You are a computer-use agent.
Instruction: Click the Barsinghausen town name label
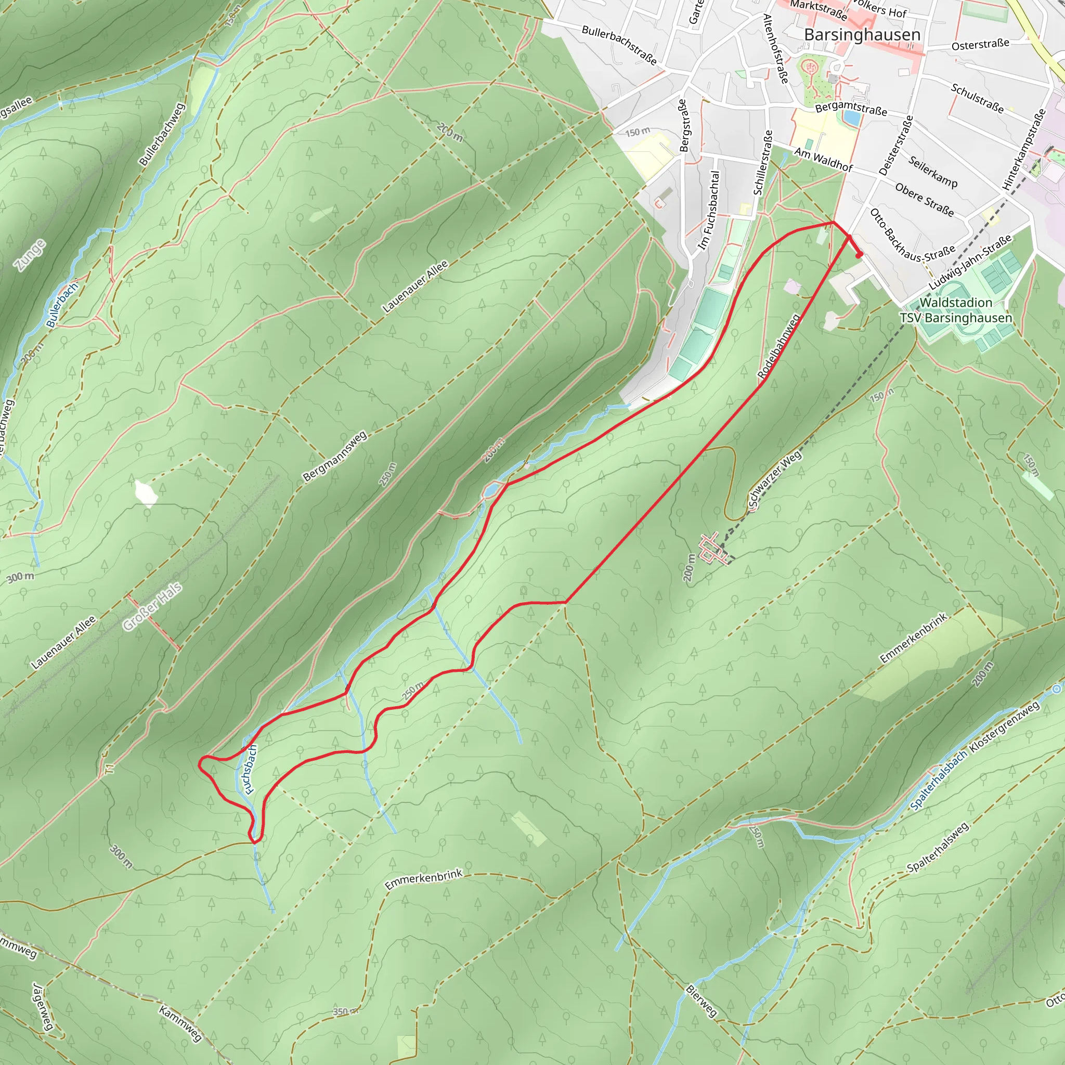coord(862,35)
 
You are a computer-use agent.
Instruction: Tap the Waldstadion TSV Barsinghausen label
coord(956,310)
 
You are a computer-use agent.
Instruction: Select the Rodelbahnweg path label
coord(779,347)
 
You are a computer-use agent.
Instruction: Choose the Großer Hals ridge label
coord(152,607)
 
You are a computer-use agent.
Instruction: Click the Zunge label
coord(31,255)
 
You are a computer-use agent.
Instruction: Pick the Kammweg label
coord(180,1023)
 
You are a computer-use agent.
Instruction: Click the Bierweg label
coord(701,1001)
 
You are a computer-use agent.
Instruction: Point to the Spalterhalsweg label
coord(938,848)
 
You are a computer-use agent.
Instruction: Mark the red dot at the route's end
coord(859,255)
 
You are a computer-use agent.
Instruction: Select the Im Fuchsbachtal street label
coord(709,210)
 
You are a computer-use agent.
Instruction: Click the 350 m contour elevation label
coord(345,1011)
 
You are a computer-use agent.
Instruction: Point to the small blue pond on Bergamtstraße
coord(852,118)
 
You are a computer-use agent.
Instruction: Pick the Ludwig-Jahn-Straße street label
coord(971,263)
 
